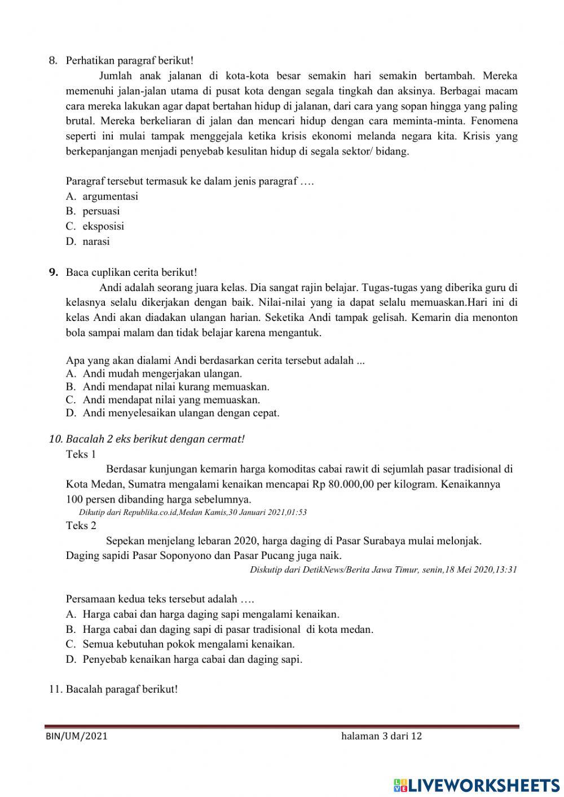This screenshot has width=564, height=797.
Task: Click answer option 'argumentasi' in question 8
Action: (x=110, y=196)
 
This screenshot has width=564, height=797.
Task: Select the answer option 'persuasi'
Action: (x=101, y=211)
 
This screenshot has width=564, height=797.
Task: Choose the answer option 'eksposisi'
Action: (x=103, y=226)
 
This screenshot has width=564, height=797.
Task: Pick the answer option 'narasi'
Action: (x=96, y=241)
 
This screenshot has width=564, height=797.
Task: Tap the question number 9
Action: (x=54, y=272)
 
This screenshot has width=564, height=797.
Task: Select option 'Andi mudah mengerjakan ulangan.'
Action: (x=162, y=373)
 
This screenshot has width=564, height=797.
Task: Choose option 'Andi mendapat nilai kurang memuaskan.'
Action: (x=176, y=387)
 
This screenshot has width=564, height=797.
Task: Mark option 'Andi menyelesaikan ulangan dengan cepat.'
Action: (x=181, y=413)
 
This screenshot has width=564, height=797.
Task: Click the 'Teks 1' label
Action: (x=81, y=454)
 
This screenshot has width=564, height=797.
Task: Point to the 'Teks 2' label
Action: (x=81, y=526)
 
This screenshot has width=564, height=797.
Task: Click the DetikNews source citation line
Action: (x=383, y=569)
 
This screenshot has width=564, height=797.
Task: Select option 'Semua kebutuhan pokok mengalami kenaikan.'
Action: (x=188, y=644)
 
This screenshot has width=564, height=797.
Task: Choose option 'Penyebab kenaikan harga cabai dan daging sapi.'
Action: (x=192, y=659)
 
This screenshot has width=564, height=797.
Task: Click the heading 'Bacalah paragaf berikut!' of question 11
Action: (x=121, y=689)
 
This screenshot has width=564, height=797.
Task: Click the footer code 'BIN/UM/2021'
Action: (x=77, y=736)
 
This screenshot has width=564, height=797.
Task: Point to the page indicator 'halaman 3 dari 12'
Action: (x=381, y=736)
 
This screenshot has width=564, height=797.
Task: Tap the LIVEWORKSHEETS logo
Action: (x=477, y=785)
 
